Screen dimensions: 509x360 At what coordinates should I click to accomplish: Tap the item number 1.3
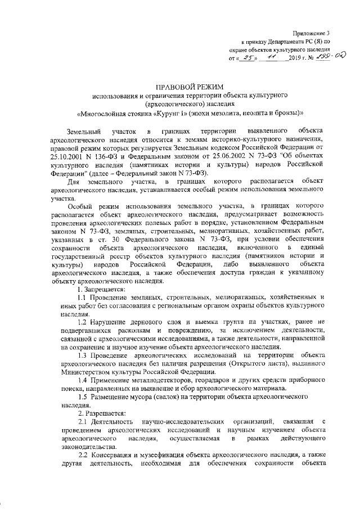(82, 355)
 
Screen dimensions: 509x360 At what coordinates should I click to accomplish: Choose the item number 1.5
(82, 397)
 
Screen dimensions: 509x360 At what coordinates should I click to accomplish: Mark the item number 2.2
(82, 454)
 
